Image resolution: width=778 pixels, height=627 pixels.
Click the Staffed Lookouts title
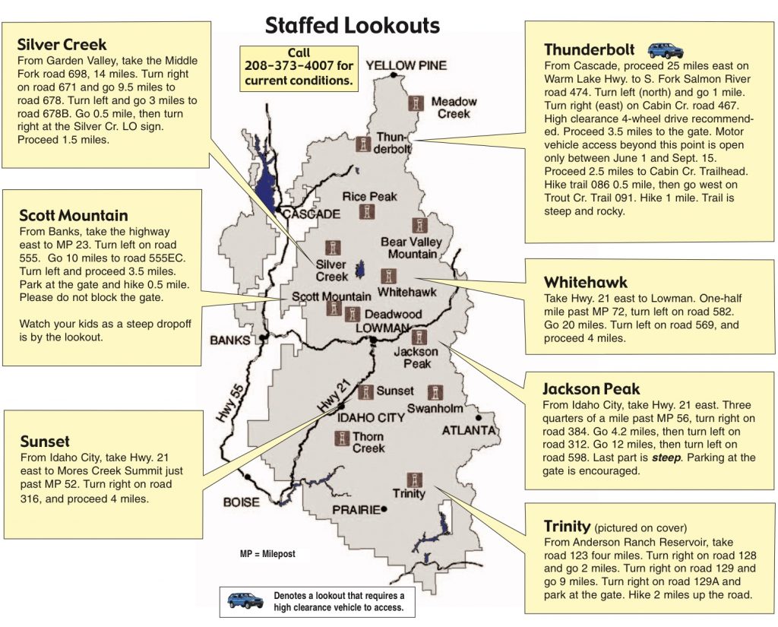(352, 24)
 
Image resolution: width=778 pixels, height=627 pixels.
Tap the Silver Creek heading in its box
(62, 44)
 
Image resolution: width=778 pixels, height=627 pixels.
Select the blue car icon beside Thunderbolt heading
(665, 50)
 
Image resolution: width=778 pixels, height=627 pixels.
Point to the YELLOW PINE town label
(406, 65)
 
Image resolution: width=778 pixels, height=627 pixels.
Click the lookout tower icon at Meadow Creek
(416, 103)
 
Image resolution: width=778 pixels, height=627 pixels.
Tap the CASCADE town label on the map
(312, 214)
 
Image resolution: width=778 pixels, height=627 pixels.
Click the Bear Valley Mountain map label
(411, 248)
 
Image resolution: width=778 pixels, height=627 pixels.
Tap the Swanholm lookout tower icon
(435, 393)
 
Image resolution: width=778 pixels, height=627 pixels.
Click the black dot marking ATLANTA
(478, 417)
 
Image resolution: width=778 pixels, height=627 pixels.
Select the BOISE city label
(241, 502)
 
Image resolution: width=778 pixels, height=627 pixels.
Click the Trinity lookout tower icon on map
(414, 480)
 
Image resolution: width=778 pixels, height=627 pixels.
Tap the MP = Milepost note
(267, 555)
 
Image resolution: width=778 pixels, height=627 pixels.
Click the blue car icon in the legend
(245, 600)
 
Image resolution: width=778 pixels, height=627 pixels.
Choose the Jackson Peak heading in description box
(591, 388)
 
